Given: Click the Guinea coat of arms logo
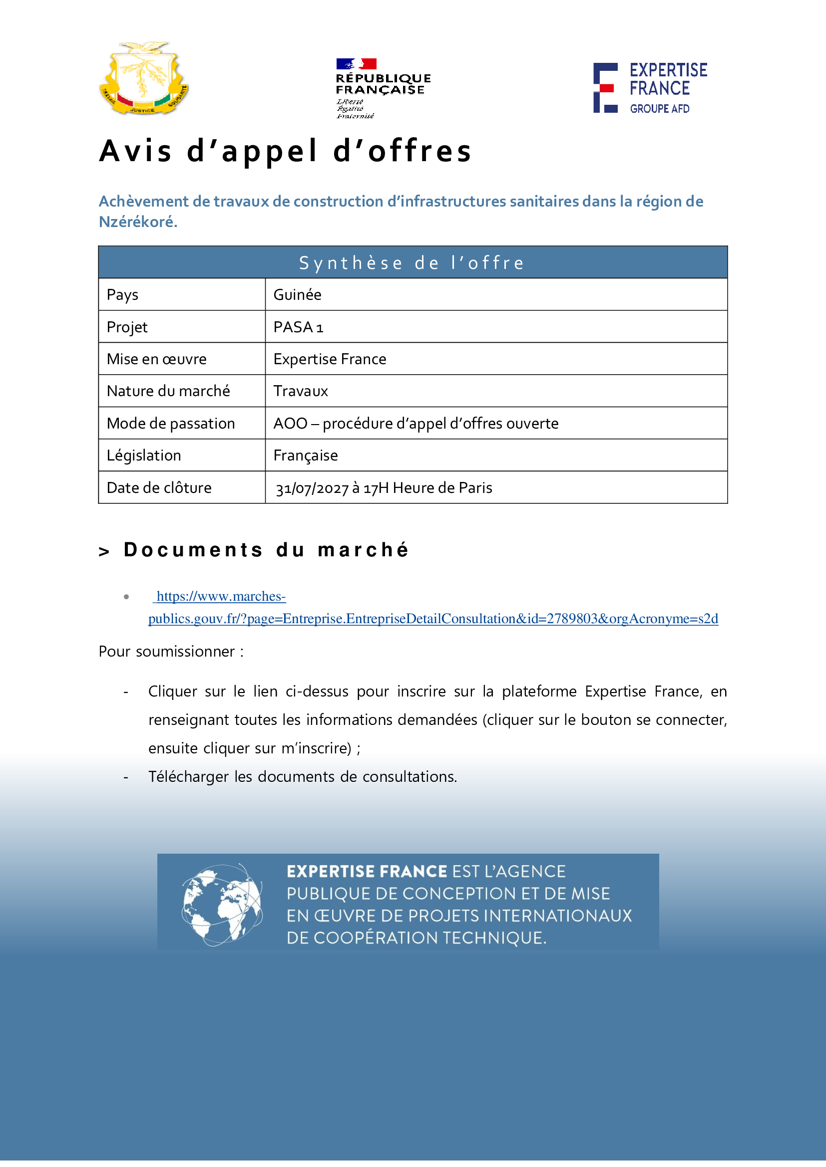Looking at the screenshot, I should pos(144,78).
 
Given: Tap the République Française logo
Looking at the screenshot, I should pos(383,88).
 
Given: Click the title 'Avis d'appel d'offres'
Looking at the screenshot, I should pos(285,151).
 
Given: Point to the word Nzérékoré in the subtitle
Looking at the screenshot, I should pos(137,222).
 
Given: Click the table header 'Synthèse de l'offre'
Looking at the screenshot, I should pos(412,263).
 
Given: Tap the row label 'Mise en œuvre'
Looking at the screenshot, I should pos(157,359).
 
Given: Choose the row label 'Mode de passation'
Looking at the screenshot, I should pos(171,424).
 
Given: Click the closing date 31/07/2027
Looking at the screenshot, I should pos(312,488).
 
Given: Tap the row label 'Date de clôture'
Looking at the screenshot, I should pos(159,488).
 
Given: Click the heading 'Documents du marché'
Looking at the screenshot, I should pos(266,550).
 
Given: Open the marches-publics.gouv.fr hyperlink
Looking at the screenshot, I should pos(433,619).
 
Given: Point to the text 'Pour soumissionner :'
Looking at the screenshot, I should pos(171,652).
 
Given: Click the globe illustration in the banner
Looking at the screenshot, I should pos(222,905).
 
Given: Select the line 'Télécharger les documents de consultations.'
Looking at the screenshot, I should pos(303,777).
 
